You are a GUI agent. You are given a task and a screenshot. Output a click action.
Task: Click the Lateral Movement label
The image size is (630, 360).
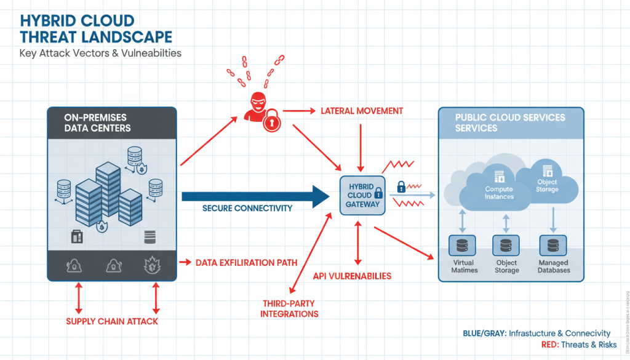(x=362, y=111)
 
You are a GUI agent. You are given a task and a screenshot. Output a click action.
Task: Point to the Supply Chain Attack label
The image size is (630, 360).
(x=112, y=321)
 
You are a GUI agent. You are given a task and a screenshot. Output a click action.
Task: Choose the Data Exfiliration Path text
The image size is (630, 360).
(x=246, y=263)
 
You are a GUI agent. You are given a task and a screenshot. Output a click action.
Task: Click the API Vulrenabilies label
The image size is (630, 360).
(x=352, y=276)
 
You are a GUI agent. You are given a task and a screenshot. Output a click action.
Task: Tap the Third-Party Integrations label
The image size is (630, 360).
(x=290, y=309)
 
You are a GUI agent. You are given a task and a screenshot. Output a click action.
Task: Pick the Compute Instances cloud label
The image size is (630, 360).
(x=499, y=193)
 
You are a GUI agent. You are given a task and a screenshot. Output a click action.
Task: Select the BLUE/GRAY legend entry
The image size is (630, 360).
(x=536, y=333)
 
